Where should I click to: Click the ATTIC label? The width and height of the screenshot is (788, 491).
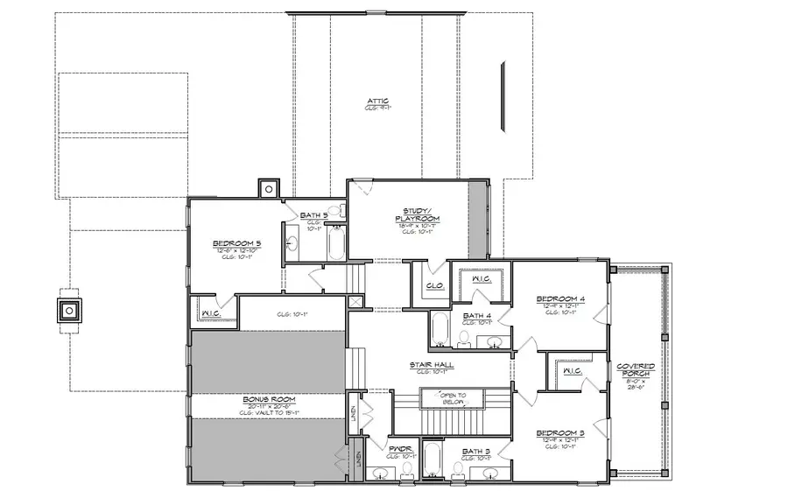(378, 102)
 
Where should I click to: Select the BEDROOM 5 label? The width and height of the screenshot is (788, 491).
(237, 243)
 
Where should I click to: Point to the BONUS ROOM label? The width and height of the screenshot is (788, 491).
(269, 399)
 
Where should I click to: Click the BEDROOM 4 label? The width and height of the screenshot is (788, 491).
(560, 300)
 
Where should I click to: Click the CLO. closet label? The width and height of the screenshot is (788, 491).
(433, 284)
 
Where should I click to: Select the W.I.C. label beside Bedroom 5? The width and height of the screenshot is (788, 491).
(210, 313)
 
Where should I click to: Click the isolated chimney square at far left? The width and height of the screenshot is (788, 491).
(68, 310)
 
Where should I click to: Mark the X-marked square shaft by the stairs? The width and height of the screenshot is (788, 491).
(355, 301)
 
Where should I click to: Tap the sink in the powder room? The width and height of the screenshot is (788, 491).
(380, 473)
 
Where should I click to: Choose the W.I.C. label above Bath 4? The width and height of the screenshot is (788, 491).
(481, 279)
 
